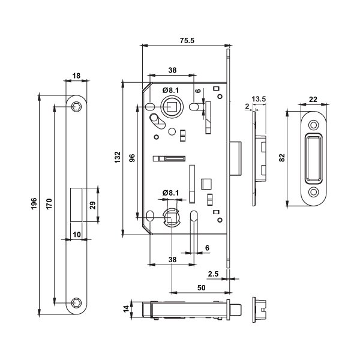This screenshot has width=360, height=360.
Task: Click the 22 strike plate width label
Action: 313,100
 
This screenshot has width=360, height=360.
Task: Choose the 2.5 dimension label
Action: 212,274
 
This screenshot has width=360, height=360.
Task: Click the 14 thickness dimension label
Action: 125,309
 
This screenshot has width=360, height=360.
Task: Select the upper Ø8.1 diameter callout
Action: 172,89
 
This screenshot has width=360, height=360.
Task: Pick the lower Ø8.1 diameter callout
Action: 172,193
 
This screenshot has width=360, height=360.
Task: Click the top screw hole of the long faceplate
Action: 76,107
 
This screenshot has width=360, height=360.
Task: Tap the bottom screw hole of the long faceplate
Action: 76,301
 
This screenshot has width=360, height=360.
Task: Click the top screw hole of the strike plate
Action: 313,124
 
